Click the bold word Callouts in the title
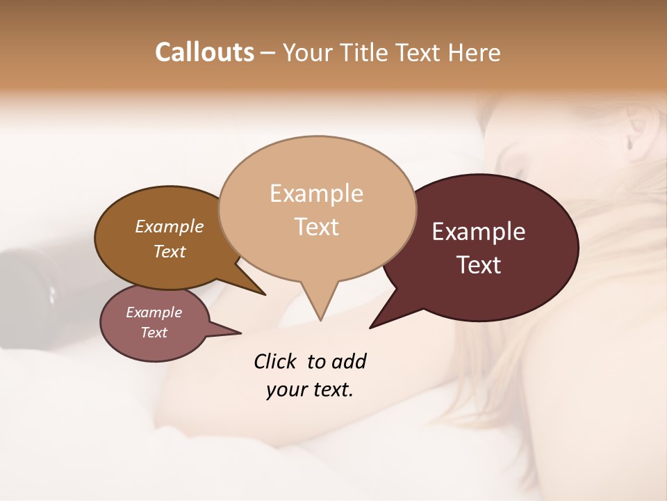(x=204, y=52)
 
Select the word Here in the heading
(x=475, y=52)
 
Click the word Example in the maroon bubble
(x=479, y=232)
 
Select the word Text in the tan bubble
(x=317, y=227)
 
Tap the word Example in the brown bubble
(x=169, y=226)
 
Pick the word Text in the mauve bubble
(x=154, y=333)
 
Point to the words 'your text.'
(x=309, y=390)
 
